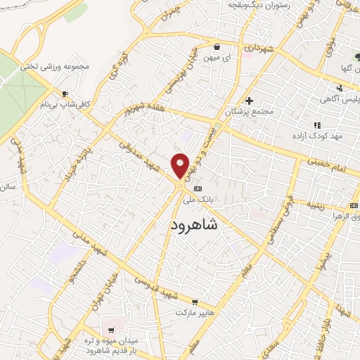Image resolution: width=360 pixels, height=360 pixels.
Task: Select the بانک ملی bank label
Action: click(x=198, y=200)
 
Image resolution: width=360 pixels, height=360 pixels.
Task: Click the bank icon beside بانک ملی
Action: click(x=197, y=188)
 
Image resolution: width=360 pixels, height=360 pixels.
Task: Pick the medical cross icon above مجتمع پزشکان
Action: click(x=249, y=101)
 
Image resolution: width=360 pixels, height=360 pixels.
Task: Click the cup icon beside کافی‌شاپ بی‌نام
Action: click(x=65, y=94)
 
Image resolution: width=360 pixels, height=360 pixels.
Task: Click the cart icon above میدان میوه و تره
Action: click(x=111, y=330)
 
